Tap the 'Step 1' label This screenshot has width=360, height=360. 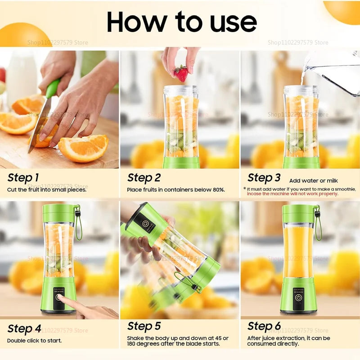click(23, 178)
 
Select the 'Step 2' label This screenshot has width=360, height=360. click(144, 178)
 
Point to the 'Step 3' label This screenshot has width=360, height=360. click(264, 178)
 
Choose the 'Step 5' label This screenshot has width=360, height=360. click(144, 326)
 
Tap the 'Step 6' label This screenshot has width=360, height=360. click(264, 326)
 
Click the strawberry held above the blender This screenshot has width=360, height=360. click(181, 73)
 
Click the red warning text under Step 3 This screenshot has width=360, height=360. click(292, 194)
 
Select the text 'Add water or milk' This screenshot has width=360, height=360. click(313, 180)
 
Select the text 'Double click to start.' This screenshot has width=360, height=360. click(35, 341)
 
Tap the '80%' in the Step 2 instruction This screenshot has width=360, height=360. click(218, 190)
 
